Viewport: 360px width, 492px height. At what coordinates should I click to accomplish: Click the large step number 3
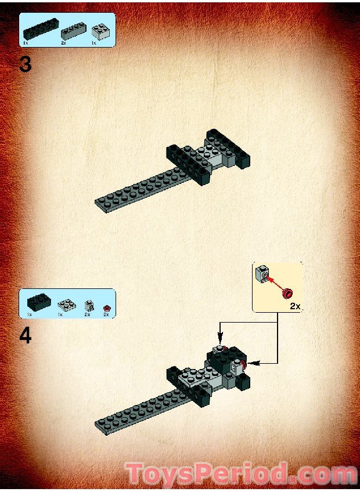point(25,64)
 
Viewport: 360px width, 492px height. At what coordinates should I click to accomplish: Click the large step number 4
point(25,336)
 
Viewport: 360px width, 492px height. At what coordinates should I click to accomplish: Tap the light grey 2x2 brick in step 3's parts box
point(101,30)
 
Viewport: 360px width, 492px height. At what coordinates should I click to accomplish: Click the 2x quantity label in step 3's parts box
point(64,43)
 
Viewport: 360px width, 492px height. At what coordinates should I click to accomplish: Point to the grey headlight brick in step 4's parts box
point(88,305)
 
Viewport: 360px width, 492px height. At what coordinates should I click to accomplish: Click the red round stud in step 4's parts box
point(106,306)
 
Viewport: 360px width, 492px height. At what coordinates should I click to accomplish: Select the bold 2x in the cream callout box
point(294,306)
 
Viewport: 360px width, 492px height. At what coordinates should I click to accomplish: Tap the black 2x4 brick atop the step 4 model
point(224,357)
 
